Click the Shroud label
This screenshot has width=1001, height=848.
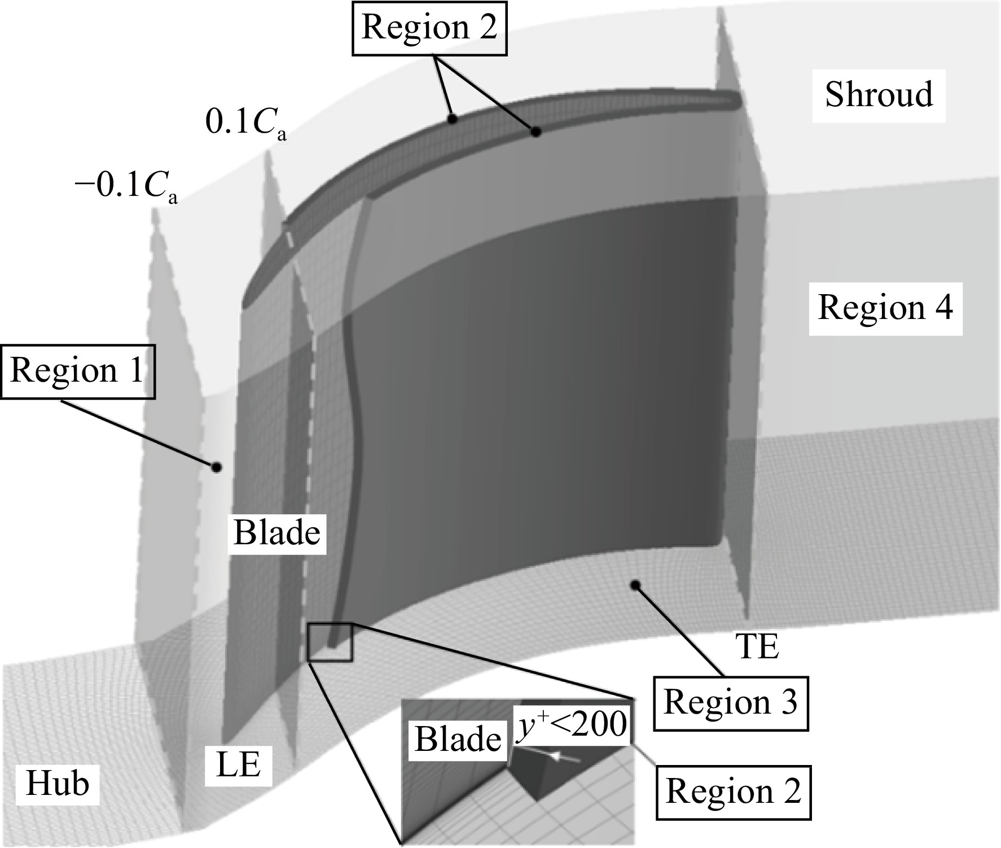click(879, 95)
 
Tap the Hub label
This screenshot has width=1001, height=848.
click(58, 784)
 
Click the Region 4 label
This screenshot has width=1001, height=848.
click(886, 308)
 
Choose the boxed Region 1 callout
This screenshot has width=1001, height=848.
click(77, 371)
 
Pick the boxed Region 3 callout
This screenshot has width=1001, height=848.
click(731, 703)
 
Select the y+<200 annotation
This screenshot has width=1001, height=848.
click(572, 723)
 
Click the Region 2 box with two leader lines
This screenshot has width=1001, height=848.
click(429, 28)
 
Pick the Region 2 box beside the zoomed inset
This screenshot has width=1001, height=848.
click(734, 792)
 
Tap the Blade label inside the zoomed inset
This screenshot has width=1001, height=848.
click(458, 739)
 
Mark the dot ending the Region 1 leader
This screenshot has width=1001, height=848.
click(216, 467)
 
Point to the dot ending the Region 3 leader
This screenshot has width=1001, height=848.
click(636, 585)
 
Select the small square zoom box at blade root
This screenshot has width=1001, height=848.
click(330, 642)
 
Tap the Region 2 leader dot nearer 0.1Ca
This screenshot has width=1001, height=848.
click(451, 119)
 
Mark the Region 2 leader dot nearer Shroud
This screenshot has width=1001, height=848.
click(536, 132)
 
